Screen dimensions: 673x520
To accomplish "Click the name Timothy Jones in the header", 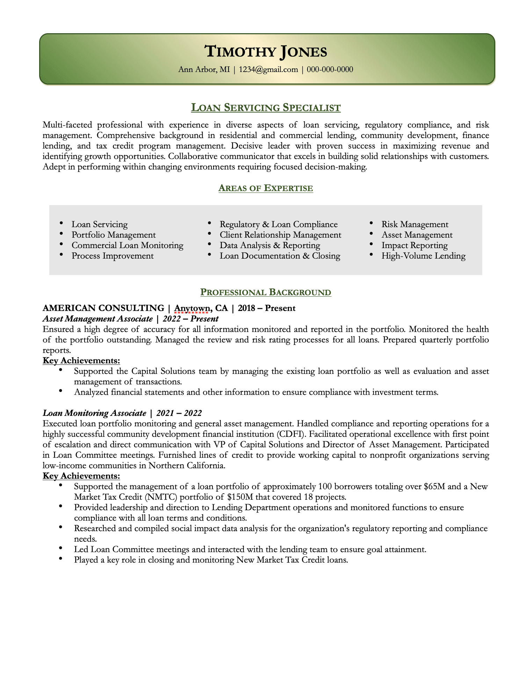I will point(266,52).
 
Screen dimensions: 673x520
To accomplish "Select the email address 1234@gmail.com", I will point(268,70).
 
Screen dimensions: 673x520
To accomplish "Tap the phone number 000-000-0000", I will point(330,70).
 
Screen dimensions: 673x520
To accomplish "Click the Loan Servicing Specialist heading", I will point(266,107).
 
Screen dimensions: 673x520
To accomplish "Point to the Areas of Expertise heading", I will point(266,188).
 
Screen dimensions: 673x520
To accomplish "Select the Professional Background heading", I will point(266,292).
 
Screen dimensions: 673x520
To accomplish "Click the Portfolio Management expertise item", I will point(114,235).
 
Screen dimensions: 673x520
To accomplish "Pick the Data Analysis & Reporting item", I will point(270,245).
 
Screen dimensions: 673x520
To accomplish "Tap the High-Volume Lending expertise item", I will point(423,256).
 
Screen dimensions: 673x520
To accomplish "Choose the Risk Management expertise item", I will point(415,224).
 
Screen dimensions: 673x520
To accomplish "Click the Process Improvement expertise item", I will point(113,256).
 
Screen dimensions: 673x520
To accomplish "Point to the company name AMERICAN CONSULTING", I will point(103,308).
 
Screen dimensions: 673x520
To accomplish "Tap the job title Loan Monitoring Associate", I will point(94,413).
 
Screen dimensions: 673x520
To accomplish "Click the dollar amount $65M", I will point(434,486).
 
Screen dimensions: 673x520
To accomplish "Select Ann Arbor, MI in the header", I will point(204,70).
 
